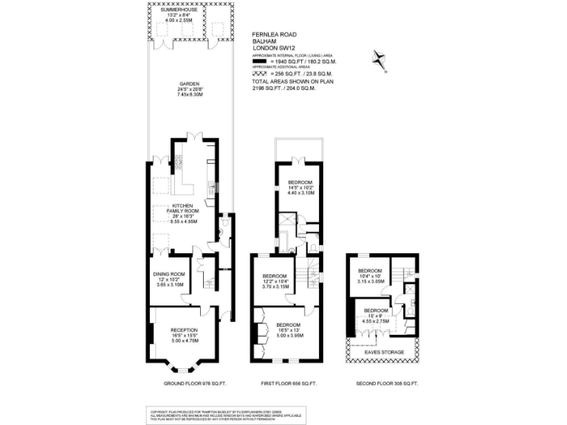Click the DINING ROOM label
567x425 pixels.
169,274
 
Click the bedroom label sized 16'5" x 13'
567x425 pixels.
289,325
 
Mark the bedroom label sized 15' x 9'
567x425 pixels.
375,311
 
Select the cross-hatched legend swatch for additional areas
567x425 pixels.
262,75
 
